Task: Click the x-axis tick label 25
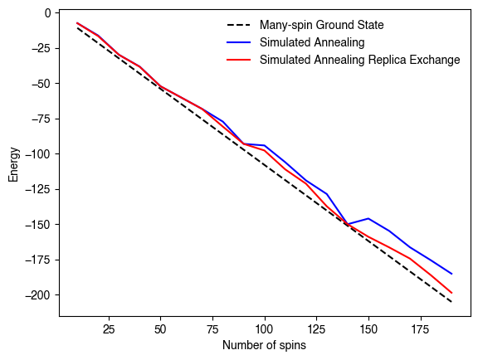(x=108, y=328)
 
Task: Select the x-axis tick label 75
(x=212, y=328)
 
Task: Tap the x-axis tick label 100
(x=265, y=328)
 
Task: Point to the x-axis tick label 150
(x=368, y=328)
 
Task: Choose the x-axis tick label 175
(x=421, y=328)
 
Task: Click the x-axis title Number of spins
(x=264, y=345)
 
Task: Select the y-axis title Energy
(x=13, y=164)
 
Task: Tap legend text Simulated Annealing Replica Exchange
(x=359, y=60)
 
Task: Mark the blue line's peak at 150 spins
(x=368, y=219)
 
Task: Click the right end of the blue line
(x=452, y=274)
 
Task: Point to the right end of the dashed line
(x=452, y=302)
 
